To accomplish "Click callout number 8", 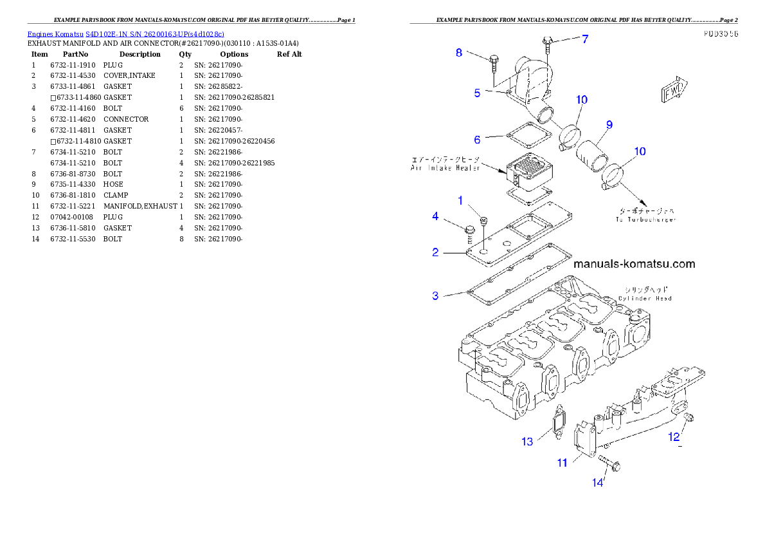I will tap(459, 53).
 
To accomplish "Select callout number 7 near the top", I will tap(584, 39).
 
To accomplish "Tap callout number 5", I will tap(477, 93).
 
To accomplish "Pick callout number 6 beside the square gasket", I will tap(477, 139).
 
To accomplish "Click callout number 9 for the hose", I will tap(608, 124).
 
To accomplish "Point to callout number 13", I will tap(527, 441).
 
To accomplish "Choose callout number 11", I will tap(562, 462).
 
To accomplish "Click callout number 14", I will tap(598, 481).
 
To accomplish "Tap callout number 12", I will tap(673, 436).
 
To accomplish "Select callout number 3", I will tap(435, 295).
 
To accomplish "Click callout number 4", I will tap(435, 216).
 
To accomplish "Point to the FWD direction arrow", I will tap(675, 91).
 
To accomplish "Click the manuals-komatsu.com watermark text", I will tap(633, 264).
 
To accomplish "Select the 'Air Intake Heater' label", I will tap(445, 164).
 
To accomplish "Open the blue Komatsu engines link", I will tap(125, 33).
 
